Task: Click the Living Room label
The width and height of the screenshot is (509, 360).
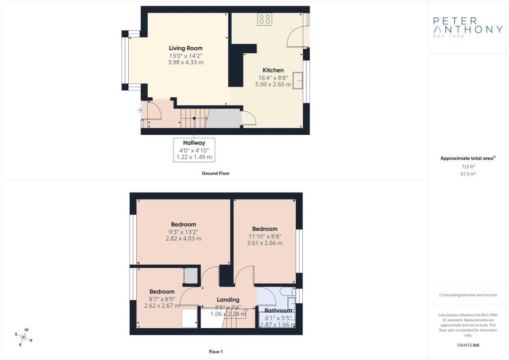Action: tap(186, 48)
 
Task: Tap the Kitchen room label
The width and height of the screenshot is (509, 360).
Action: tap(273, 70)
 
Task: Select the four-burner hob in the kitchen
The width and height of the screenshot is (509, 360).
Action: tap(264, 19)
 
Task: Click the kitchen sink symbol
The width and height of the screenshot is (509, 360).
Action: tap(298, 81)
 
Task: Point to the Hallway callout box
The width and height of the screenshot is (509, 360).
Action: tap(194, 150)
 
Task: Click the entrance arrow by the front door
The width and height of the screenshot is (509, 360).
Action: tap(139, 110)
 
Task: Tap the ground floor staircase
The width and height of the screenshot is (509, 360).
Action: tap(194, 118)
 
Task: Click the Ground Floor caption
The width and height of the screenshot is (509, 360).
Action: tap(216, 174)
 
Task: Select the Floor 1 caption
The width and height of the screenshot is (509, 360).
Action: tap(216, 352)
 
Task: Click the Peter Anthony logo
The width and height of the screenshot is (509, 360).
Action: tap(468, 27)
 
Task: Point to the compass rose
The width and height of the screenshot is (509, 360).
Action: tap(24, 337)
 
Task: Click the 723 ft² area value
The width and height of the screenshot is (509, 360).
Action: tap(468, 167)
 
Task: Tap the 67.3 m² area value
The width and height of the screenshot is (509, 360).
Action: tap(468, 174)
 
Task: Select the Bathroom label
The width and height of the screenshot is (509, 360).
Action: tap(278, 311)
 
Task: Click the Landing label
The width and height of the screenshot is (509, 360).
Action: tap(228, 300)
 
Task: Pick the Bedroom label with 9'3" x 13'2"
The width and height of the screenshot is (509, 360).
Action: tap(183, 224)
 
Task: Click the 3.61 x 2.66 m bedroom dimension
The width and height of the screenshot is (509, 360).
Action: tap(265, 243)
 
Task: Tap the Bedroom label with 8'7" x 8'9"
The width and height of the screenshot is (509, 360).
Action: tap(162, 291)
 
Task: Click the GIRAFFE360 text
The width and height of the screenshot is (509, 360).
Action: tap(468, 345)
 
